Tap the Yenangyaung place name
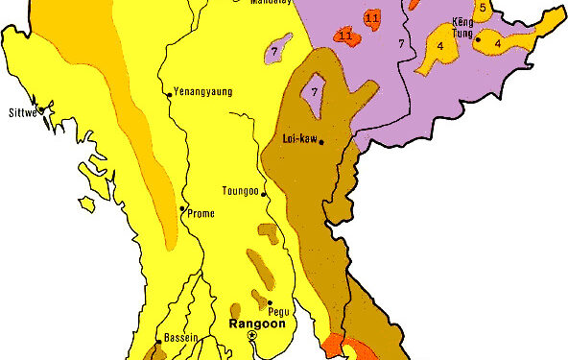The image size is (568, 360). (203, 92)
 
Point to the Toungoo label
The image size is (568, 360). (240, 190)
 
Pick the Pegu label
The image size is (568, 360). (279, 312)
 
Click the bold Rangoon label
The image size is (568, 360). (253, 324)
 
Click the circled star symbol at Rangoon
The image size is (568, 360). (251, 337)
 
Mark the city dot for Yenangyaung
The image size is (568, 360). (170, 93)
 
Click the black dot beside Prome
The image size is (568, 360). (183, 208)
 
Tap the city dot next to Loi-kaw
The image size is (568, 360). (321, 143)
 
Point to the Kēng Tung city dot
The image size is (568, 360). (478, 39)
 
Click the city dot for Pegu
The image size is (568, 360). (270, 303)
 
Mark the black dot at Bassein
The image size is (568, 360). (158, 341)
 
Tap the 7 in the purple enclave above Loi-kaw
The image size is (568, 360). (315, 91)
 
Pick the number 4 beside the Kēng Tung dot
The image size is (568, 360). (499, 43)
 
